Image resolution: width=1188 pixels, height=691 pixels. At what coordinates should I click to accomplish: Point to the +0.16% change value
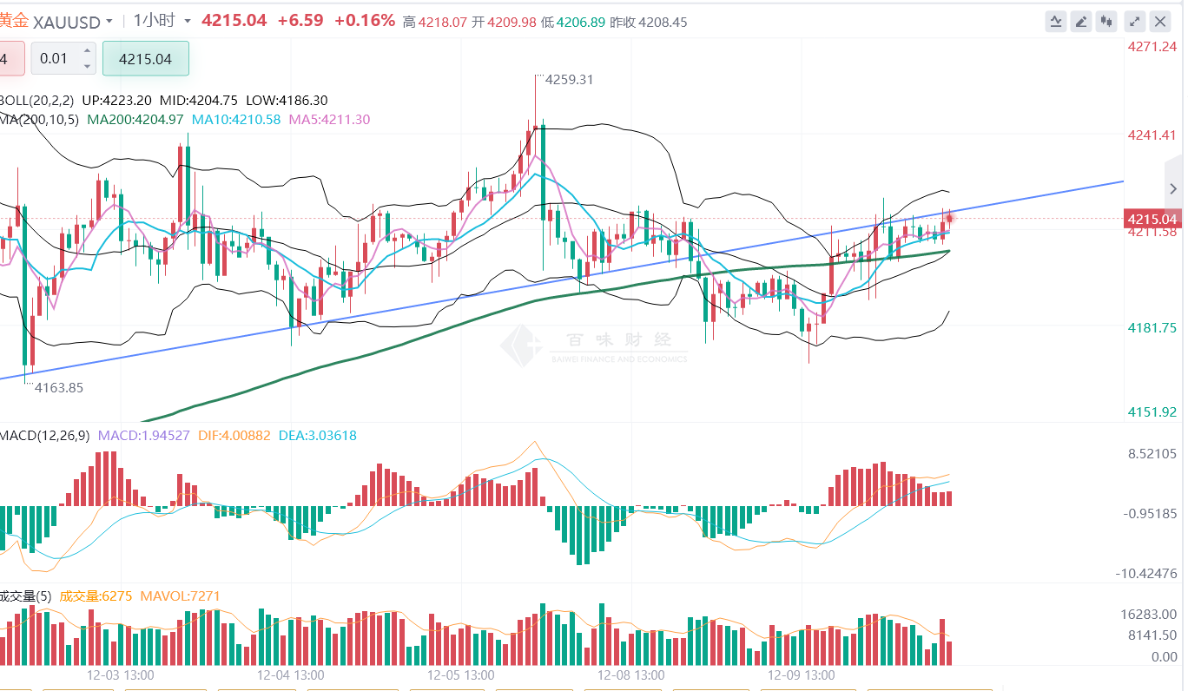coord(364,21)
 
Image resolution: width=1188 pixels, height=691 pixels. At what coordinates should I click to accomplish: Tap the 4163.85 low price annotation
coord(58,388)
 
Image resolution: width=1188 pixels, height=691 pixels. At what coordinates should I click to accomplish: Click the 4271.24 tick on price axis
coord(1152,47)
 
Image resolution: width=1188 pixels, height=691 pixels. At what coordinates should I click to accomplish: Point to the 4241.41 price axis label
coord(1152,135)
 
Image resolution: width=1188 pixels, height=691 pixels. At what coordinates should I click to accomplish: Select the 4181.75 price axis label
coord(1152,327)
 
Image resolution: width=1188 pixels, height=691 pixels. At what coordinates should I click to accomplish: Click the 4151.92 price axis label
coord(1152,411)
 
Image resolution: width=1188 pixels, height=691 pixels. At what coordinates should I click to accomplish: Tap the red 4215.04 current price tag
coord(1152,219)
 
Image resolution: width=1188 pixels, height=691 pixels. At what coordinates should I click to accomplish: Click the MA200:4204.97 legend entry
coord(135,120)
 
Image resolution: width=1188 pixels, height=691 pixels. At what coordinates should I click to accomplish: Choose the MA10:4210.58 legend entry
coord(236,120)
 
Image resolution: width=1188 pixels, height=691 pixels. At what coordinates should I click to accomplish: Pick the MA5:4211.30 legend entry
coord(330,120)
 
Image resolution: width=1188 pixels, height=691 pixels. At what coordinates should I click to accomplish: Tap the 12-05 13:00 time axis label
coord(461,675)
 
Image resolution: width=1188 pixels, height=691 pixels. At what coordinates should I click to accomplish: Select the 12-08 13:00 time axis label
coord(631,675)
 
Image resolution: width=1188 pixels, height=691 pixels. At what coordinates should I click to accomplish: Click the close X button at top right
coord(1159,22)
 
